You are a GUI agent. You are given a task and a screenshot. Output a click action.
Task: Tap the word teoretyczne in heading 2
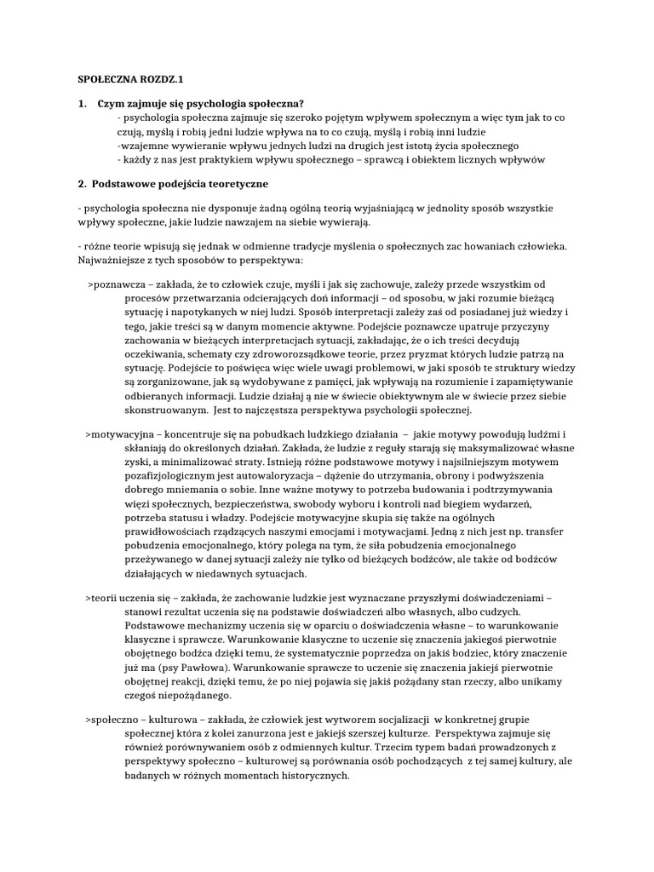click(x=238, y=183)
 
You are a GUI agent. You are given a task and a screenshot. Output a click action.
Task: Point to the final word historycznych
click(x=305, y=777)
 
